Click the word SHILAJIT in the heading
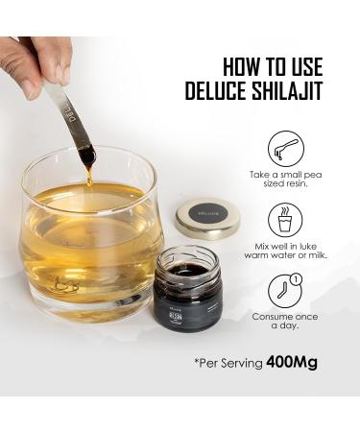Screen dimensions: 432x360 288,93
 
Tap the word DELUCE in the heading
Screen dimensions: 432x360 218,93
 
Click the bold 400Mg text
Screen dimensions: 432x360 291,364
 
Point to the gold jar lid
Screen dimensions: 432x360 207,219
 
